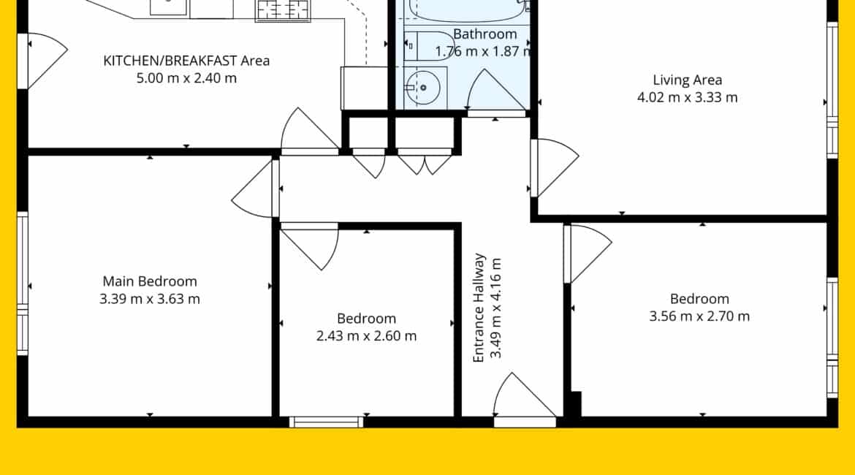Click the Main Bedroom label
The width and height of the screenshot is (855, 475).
coord(149,281)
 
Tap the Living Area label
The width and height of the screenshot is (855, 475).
coord(687,80)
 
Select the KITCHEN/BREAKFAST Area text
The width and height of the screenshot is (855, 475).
coord(186,61)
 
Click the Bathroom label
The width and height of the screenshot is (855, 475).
coord(484,34)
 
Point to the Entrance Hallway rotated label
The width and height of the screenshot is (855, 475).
coord(478,308)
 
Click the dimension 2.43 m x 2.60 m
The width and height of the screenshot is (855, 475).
coord(366,336)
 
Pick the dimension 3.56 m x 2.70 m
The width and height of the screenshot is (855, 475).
coord(699,316)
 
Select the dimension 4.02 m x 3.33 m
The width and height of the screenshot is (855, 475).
coord(687,98)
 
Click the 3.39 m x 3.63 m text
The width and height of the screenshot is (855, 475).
coord(149,299)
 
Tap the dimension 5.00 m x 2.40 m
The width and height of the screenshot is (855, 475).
coord(186,78)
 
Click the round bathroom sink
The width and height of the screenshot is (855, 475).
coord(422,87)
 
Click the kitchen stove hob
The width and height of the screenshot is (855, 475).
coord(283,10)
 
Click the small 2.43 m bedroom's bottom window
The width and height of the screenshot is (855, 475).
coord(326,422)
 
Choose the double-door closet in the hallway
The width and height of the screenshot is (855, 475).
coord(425,162)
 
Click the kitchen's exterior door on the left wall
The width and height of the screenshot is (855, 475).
coord(44,61)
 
